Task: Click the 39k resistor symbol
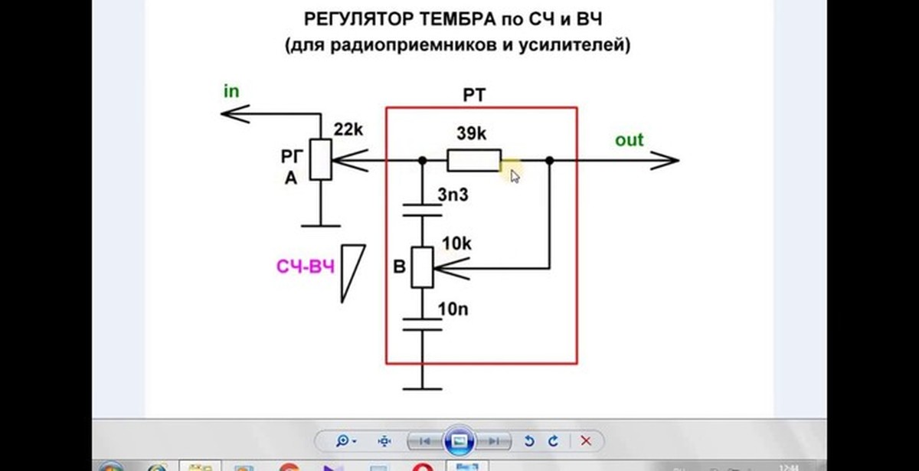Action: [474, 161]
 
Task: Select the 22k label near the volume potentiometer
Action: [348, 130]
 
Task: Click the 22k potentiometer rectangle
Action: [320, 160]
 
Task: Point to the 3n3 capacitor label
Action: [453, 195]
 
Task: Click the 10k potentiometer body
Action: [422, 267]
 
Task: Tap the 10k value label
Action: [457, 244]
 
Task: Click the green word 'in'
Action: [231, 91]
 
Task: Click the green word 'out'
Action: [630, 140]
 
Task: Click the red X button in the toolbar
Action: [586, 441]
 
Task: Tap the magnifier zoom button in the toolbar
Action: [344, 441]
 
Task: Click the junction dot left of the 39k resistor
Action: [422, 161]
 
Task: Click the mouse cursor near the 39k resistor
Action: [515, 175]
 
